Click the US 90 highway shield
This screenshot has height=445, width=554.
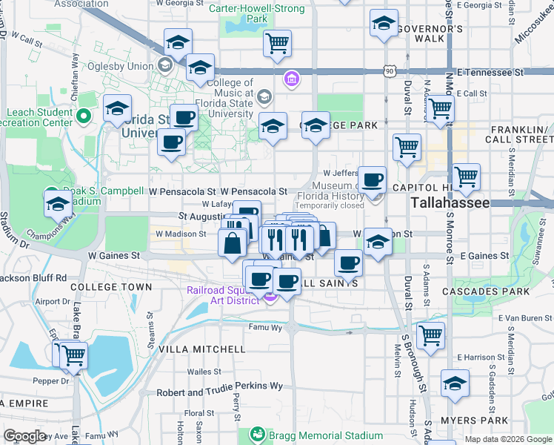click(x=390, y=71)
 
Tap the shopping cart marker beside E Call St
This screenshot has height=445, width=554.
click(x=441, y=108)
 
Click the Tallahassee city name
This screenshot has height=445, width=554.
click(x=450, y=202)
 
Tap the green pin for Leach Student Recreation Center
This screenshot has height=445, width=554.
click(x=84, y=116)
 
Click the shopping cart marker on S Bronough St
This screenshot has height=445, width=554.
click(x=430, y=334)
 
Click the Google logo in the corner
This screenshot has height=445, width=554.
click(x=24, y=436)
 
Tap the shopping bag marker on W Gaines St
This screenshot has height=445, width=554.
click(x=233, y=242)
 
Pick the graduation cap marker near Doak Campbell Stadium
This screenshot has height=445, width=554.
click(x=58, y=202)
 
